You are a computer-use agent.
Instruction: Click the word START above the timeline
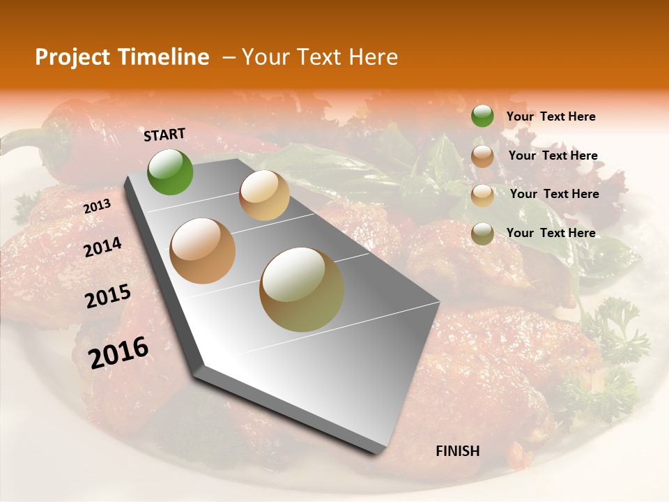pyautogui.click(x=164, y=135)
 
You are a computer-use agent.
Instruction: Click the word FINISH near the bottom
pyautogui.click(x=458, y=451)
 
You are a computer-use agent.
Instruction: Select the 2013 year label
pyautogui.click(x=97, y=206)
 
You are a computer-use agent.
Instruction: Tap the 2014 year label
pyautogui.click(x=102, y=248)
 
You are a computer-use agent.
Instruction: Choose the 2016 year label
pyautogui.click(x=118, y=353)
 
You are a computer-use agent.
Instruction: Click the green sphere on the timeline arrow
pyautogui.click(x=170, y=172)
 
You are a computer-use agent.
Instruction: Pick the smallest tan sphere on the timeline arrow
pyautogui.click(x=264, y=195)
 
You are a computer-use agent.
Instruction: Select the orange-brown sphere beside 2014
pyautogui.click(x=203, y=251)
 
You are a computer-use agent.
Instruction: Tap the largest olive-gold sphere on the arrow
pyautogui.click(x=302, y=289)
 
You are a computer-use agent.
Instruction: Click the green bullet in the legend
pyautogui.click(x=482, y=116)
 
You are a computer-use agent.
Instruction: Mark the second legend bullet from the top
pyautogui.click(x=482, y=156)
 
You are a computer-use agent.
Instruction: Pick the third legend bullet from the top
pyautogui.click(x=482, y=195)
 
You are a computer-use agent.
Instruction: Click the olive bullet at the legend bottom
pyautogui.click(x=482, y=233)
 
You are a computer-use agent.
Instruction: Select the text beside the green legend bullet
pyautogui.click(x=551, y=117)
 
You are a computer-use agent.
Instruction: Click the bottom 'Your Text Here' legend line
pyautogui.click(x=551, y=233)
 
